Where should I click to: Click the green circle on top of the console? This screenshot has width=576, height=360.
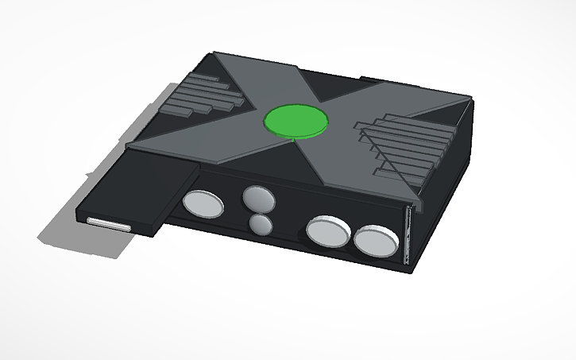(x=296, y=122)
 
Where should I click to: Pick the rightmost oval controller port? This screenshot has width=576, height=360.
(x=376, y=241)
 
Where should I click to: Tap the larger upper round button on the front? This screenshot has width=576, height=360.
(x=257, y=198)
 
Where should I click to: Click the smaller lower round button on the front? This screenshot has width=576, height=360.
(x=259, y=225)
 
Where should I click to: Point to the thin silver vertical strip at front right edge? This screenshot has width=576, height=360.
(x=406, y=234)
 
